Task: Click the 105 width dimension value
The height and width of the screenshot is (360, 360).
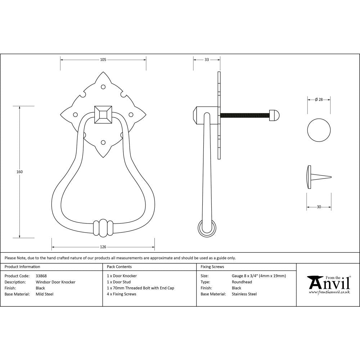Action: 103,60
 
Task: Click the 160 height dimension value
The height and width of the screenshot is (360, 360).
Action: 20,172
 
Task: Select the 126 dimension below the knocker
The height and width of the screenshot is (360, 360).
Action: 103,247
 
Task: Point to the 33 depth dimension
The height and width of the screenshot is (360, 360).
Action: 207,60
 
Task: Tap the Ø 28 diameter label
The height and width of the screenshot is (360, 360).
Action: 319,100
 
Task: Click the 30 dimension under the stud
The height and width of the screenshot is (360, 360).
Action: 319,207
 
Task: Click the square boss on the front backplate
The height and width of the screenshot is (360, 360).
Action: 103,115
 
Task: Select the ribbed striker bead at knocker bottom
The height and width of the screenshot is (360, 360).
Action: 103,228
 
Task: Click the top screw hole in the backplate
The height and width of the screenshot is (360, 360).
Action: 103,87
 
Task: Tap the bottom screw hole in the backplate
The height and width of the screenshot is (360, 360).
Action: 103,143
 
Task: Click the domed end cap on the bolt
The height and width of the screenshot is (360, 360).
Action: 275,115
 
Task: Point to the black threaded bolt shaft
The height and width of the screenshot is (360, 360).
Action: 245,115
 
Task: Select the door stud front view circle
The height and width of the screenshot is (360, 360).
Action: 319,129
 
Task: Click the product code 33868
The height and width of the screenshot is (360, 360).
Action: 41,276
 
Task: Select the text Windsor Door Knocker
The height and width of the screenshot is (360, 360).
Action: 55,282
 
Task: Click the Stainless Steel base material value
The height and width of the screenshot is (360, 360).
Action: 244,294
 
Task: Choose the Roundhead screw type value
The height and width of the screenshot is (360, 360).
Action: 242,282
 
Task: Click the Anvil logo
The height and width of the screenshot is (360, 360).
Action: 328,284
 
